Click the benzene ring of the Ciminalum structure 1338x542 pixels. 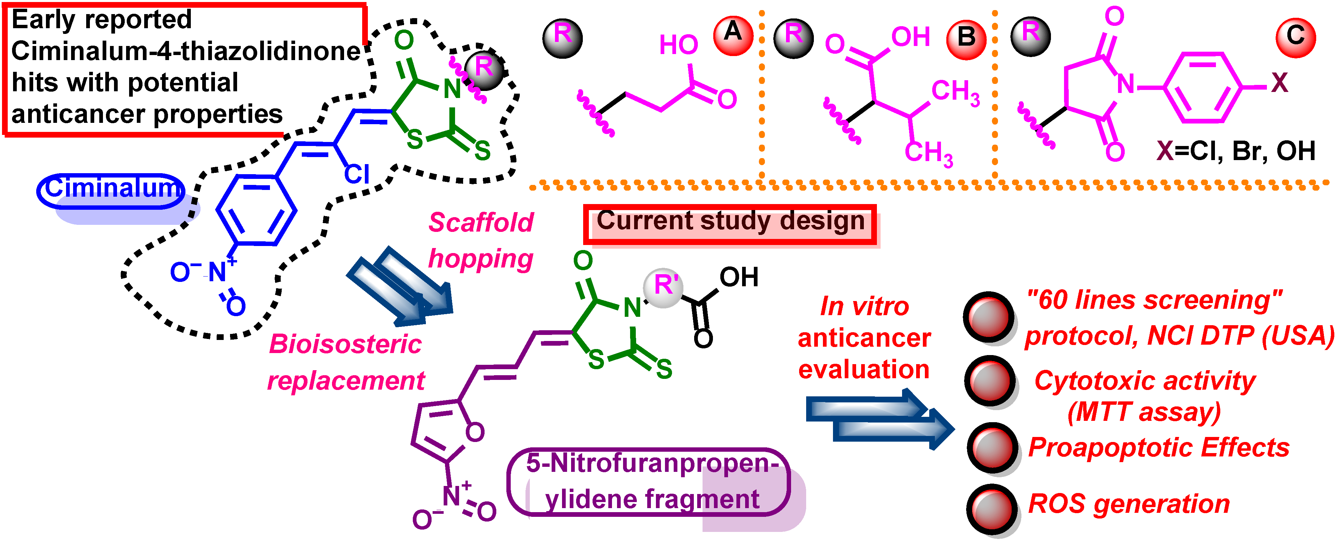pos(256,210)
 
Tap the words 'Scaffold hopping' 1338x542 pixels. pos(481,240)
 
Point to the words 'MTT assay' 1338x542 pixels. pos(1144,412)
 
